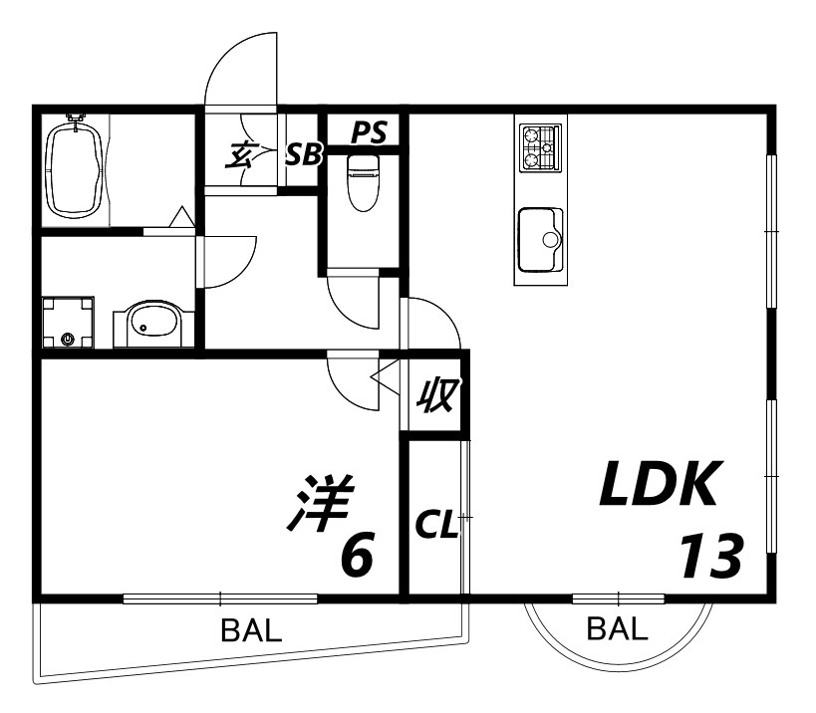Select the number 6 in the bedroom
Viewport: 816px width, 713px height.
click(x=357, y=555)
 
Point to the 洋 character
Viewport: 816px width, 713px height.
click(x=321, y=503)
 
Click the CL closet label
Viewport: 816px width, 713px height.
click(x=437, y=527)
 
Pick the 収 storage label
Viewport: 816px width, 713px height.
click(x=438, y=395)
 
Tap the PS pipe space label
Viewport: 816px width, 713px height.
click(x=369, y=132)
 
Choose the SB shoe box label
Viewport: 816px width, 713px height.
click(x=304, y=154)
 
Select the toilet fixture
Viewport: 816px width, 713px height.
click(x=363, y=182)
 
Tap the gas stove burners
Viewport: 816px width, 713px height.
click(x=541, y=147)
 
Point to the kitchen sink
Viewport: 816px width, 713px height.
click(x=541, y=239)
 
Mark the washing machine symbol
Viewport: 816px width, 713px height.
click(x=68, y=323)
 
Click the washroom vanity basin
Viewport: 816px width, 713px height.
click(x=153, y=324)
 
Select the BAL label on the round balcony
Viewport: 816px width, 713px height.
click(x=618, y=628)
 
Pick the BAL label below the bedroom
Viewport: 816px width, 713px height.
click(x=251, y=630)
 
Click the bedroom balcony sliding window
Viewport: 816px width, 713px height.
click(x=220, y=598)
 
